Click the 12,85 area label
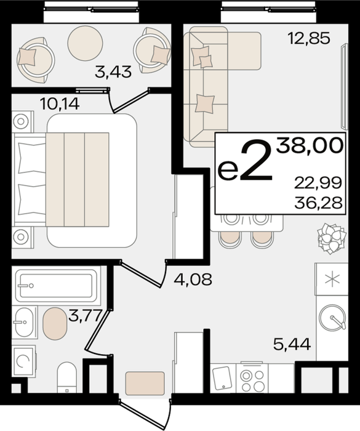click(308, 38)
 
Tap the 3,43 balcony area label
click(113, 72)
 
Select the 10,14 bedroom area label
click(60, 104)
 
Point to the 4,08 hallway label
click(193, 280)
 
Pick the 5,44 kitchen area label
click(292, 344)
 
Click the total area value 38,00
click(310, 145)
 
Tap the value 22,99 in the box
click(318, 183)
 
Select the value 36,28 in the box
click(318, 203)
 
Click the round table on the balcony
click(85, 43)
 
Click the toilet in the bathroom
click(67, 377)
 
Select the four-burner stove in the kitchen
click(252, 379)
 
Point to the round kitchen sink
click(332, 317)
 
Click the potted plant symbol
click(332, 238)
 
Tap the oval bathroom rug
click(55, 323)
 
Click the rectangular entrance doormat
click(145, 383)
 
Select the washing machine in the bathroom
click(23, 361)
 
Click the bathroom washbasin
click(24, 322)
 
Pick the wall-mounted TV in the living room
click(344, 86)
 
